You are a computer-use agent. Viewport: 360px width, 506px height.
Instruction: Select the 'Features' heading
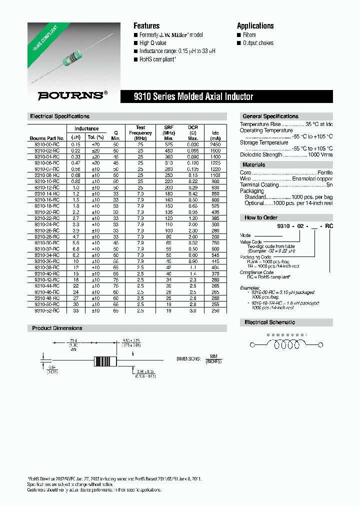[x=146, y=26]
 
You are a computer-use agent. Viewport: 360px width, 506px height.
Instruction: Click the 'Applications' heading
[x=255, y=26]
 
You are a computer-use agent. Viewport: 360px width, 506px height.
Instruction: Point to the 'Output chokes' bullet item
[x=258, y=43]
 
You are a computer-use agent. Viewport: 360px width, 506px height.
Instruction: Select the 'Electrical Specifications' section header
[x=59, y=116]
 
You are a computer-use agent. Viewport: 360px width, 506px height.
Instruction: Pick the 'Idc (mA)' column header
[x=215, y=135]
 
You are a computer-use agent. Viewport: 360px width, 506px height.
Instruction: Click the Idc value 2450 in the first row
[x=215, y=144]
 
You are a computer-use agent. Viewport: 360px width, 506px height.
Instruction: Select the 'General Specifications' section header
[x=270, y=116]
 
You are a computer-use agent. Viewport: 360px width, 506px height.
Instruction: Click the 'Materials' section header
[x=254, y=165]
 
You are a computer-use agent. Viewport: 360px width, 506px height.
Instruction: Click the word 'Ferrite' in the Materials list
[x=323, y=172]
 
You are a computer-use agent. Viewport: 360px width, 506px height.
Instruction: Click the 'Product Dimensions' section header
[x=57, y=328]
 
